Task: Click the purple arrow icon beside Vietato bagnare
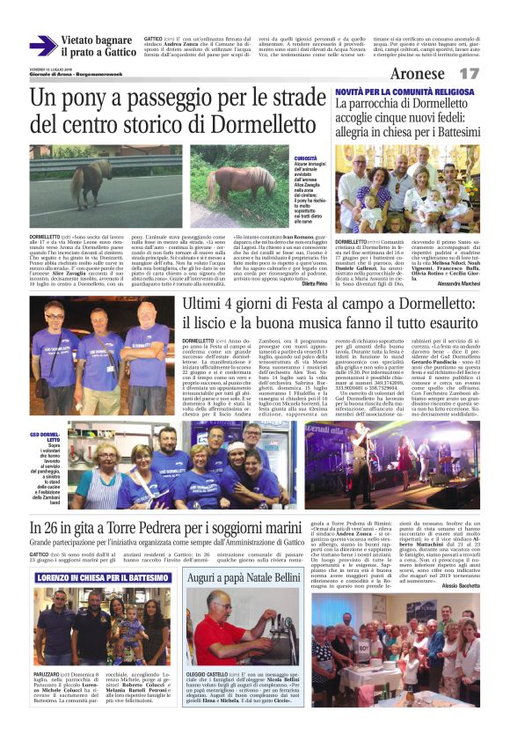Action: point(41,46)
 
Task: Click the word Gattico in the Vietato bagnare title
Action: point(116,53)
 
